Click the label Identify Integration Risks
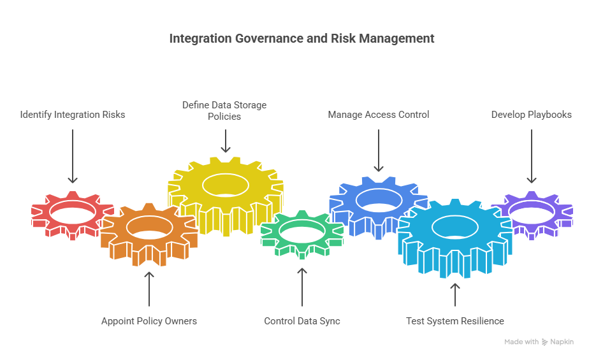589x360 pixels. coord(73,115)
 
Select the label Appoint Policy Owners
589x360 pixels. coord(149,321)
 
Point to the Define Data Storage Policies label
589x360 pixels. coord(224,110)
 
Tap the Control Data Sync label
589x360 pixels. coord(302,321)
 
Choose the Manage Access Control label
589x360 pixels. coord(379,115)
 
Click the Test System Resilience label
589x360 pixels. coord(455,321)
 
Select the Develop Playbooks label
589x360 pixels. coord(531,115)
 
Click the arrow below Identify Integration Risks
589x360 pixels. coord(73,156)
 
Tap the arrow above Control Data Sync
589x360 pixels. coord(302,287)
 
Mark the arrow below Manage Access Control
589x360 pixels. coord(379,150)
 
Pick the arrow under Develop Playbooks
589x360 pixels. coord(531,156)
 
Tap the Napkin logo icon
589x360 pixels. coord(545,342)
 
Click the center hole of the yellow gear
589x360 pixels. coord(225,184)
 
